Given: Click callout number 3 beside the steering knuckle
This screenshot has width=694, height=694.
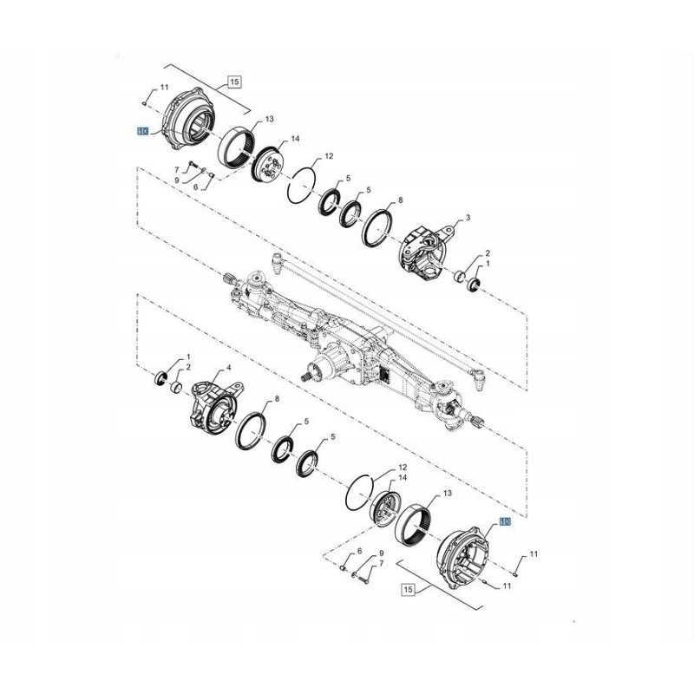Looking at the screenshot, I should (x=468, y=218).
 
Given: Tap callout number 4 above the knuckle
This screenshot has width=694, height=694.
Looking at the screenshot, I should (x=204, y=369).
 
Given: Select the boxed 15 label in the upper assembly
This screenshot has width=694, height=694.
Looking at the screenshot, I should (x=233, y=82).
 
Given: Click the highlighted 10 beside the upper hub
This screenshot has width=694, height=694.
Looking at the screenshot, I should (x=142, y=132).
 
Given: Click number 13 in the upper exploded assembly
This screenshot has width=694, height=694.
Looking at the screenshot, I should (x=270, y=119).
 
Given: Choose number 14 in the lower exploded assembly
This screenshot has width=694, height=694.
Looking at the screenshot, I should (x=403, y=478).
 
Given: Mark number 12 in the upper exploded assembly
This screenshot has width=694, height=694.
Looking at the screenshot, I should (x=329, y=157).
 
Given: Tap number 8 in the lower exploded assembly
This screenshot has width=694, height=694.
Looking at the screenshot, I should (x=276, y=399).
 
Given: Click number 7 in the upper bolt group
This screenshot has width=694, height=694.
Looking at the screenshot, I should (x=176, y=169).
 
